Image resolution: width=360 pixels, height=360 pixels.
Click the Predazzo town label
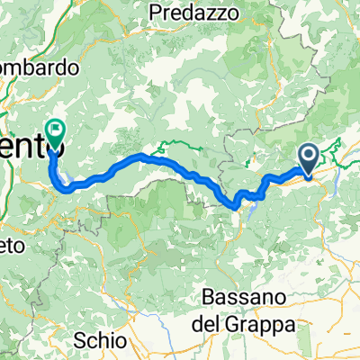tap(193, 13)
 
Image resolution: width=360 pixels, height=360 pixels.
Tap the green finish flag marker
tap(56, 135)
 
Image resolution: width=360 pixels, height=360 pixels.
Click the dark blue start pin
tap(308, 160)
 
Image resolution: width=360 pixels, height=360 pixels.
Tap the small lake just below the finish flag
tap(56, 167)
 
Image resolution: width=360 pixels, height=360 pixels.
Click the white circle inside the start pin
tap(308, 157)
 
